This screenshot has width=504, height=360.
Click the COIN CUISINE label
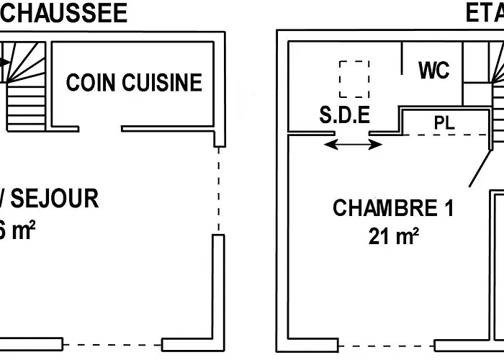134,82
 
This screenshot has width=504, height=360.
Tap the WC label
433,70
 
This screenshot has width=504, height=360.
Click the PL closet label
444,122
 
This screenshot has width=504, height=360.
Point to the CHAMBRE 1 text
393,208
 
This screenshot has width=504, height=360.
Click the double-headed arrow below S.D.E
353,145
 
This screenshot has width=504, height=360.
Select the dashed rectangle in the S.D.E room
354,78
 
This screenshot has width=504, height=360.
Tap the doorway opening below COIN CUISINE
96,130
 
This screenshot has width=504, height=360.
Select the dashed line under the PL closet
446,135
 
